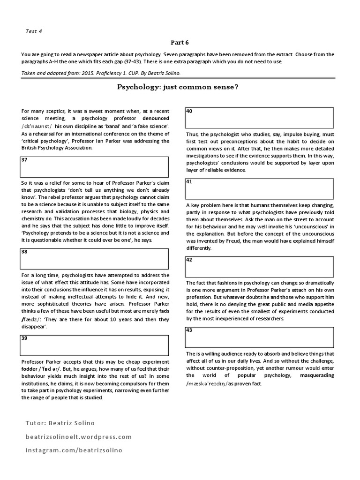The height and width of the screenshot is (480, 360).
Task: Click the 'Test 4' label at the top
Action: point(34,31)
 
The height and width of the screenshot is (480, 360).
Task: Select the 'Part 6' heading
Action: point(180,43)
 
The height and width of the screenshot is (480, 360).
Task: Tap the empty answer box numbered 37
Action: point(94,166)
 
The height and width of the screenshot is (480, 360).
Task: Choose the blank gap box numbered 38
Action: point(94,258)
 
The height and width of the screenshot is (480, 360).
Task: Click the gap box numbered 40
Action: point(259,118)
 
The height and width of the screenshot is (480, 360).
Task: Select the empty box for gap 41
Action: point(259,188)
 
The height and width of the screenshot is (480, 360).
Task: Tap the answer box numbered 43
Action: point(259,337)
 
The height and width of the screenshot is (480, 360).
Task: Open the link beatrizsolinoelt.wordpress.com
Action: point(79,437)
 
